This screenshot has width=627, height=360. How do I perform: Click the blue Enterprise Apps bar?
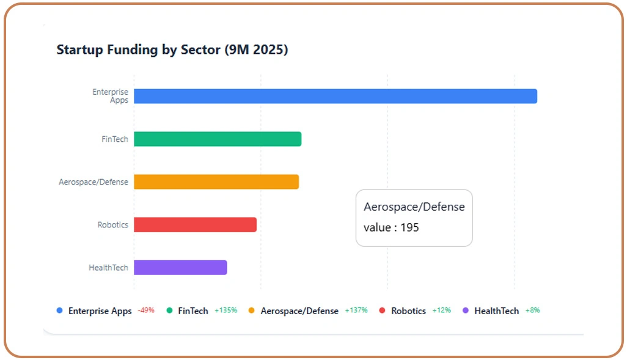[335, 96]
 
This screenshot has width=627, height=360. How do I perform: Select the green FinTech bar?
[218, 139]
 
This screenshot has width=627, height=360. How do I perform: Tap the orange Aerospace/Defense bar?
[216, 182]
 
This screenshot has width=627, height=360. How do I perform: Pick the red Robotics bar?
[195, 224]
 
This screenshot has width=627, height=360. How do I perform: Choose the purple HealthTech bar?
[180, 267]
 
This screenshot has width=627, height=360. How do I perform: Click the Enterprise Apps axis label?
[111, 96]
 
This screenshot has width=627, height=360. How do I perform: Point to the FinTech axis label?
[115, 139]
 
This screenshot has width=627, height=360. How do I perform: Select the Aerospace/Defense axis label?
[94, 182]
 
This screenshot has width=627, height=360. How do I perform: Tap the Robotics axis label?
[113, 225]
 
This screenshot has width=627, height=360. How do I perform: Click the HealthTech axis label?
[109, 268]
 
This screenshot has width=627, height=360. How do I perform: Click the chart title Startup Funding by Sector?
[172, 50]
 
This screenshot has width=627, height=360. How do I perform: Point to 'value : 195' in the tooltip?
[391, 227]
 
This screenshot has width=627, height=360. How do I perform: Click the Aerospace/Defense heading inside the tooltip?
[414, 207]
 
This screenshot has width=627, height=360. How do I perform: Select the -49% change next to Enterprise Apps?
[146, 310]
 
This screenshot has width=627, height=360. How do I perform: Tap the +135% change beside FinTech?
[226, 310]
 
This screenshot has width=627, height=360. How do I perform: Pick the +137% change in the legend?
[356, 310]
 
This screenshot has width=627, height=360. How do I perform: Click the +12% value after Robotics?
[441, 310]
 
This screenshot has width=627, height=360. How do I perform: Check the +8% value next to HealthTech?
[532, 310]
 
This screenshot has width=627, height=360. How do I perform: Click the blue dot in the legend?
[59, 310]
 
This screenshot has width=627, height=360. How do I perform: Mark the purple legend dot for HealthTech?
[466, 310]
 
